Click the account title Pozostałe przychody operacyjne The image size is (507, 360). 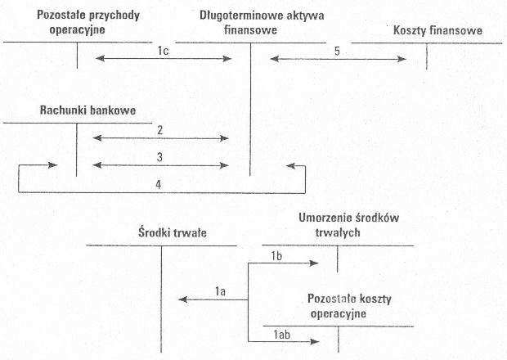88,22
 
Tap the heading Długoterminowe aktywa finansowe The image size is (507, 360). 262,23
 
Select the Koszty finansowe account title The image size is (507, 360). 437,31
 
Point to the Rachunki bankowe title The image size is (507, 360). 87,110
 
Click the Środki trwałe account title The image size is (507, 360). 173,232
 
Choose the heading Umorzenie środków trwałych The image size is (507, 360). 348,225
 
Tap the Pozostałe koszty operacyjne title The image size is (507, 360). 349,306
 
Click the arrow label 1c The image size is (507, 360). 164,51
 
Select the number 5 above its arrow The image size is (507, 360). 337,51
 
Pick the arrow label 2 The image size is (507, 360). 159,130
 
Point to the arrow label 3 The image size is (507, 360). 159,157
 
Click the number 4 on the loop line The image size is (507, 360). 158,184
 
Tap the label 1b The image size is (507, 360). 276,256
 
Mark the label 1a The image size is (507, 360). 220,291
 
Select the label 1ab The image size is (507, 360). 281,335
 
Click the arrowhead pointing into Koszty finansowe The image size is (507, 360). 402,59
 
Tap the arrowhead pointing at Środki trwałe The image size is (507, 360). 183,299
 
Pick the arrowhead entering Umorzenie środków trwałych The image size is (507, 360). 314,263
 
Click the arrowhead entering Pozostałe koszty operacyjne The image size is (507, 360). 315,341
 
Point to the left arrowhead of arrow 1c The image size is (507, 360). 101,59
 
